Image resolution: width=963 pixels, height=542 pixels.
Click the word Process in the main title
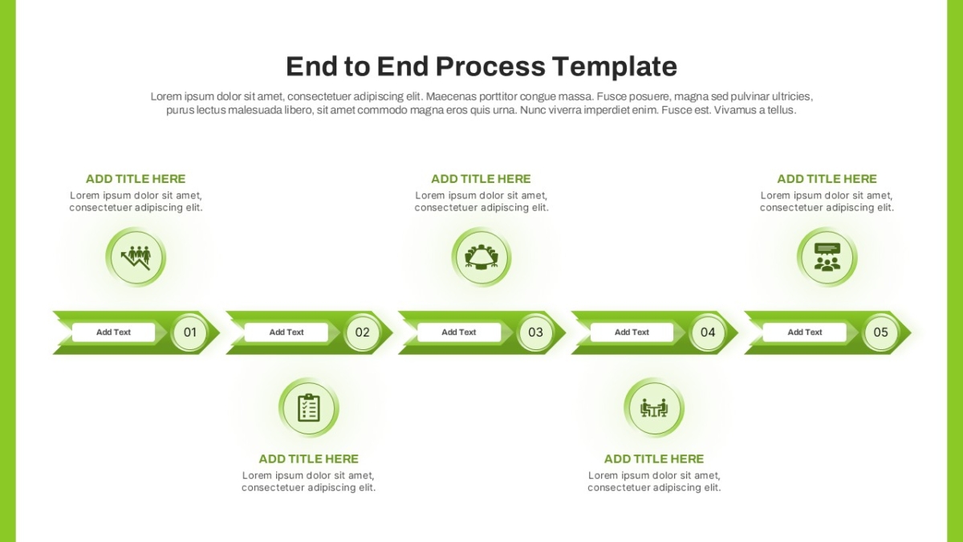(x=490, y=67)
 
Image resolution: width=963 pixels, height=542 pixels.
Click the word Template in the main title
(x=615, y=67)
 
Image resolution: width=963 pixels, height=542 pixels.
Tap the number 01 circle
(x=189, y=332)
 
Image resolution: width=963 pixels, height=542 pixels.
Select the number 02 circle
(x=363, y=332)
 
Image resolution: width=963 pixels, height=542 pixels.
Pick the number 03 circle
(x=535, y=332)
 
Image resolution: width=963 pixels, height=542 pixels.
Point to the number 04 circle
(x=708, y=332)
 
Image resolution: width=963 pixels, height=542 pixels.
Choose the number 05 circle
(x=880, y=332)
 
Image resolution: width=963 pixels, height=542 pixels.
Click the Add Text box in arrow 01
(x=113, y=332)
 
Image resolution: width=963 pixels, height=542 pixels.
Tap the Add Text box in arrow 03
(x=459, y=332)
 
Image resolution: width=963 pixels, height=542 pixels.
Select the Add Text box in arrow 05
(x=804, y=332)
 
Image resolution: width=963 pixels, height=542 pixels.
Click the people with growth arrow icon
(x=136, y=257)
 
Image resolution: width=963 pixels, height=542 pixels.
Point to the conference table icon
(x=481, y=257)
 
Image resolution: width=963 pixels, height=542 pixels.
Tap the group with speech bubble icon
(x=827, y=257)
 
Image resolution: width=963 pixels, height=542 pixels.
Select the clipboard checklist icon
(x=309, y=407)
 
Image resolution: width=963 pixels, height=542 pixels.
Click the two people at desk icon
(x=654, y=408)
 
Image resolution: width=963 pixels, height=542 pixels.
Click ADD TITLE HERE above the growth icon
(x=136, y=178)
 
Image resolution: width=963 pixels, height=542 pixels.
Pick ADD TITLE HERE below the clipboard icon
(x=309, y=459)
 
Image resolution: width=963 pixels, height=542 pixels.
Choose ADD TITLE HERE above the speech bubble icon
(x=827, y=178)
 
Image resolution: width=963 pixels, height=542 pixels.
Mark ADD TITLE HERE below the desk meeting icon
(x=654, y=459)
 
